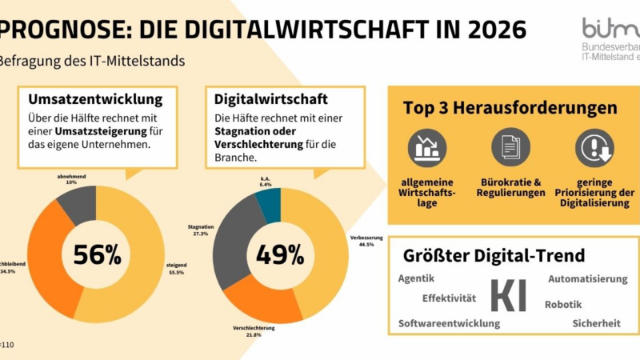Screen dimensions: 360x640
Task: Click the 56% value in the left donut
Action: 97,254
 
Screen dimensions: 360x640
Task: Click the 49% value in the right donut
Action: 279,254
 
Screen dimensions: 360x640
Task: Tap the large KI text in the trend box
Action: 508,295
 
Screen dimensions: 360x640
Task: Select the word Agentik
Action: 417,278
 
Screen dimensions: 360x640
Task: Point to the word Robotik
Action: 563,304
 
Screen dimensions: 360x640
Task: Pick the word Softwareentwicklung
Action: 449,323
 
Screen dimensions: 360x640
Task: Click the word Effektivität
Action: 449,298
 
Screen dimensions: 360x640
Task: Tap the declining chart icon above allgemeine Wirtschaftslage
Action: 426,148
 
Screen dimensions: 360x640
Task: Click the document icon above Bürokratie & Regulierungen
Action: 510,148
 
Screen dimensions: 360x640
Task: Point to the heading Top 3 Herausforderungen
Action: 510,107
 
